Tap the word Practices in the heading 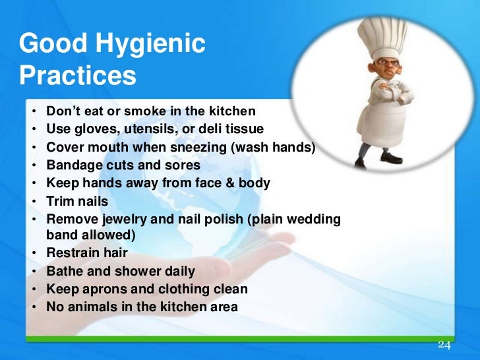(78, 75)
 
